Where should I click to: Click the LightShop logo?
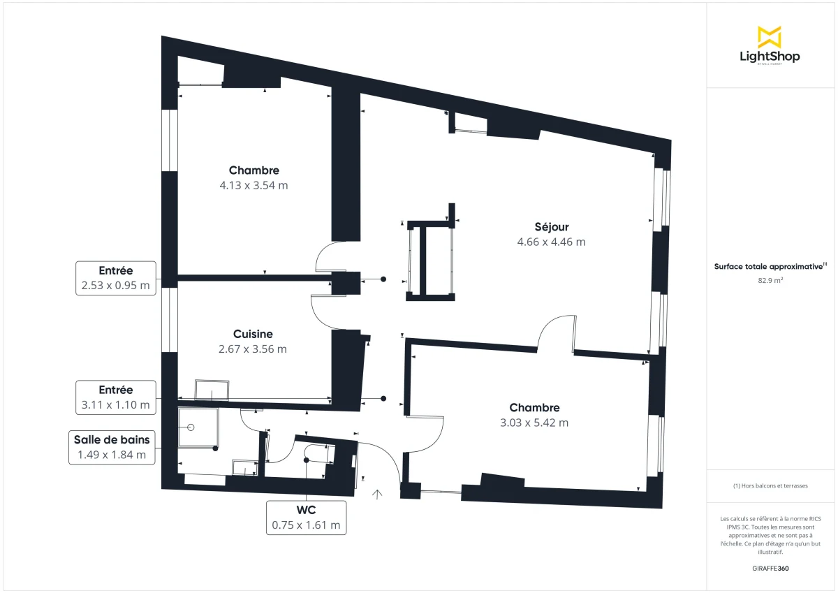pos(770,46)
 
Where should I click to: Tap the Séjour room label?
pos(551,227)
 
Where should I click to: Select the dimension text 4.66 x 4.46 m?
pos(551,242)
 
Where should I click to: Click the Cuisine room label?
pos(253,335)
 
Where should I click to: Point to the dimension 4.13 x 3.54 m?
pos(253,186)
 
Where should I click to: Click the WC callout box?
pos(306,517)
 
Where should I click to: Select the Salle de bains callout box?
pos(112,447)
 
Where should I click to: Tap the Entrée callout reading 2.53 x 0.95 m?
pos(116,278)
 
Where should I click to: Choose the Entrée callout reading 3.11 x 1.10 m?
pos(116,397)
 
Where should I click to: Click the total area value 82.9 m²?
pos(770,280)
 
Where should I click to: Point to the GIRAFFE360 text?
pos(770,569)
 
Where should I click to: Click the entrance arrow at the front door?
pos(378,495)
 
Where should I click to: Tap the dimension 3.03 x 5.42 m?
pos(534,423)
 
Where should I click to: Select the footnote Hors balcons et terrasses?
pos(770,485)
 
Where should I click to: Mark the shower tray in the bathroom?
pos(198,427)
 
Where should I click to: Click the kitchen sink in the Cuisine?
pos(212,390)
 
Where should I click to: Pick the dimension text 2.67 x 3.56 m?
pos(253,349)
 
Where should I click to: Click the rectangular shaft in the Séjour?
pos(431,260)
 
